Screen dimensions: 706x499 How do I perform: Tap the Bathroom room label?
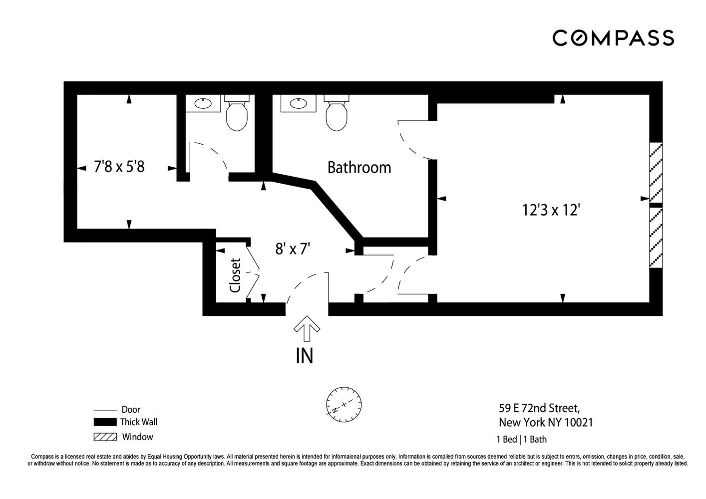point(359,167)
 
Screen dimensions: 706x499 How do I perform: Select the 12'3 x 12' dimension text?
point(551,210)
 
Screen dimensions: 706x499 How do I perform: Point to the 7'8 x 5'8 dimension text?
point(119,166)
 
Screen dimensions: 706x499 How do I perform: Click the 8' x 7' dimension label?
point(293,249)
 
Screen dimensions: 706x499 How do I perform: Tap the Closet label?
point(235,275)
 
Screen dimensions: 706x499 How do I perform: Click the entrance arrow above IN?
point(307,328)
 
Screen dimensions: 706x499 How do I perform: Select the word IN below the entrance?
point(305,356)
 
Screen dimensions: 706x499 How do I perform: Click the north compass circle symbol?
point(344,405)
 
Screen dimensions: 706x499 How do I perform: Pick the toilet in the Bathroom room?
point(337,113)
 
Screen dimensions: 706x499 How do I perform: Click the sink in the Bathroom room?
point(298,103)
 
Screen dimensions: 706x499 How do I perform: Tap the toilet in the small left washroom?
point(237,113)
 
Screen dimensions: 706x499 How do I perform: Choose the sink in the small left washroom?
point(203,103)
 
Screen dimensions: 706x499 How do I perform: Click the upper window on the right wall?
point(656,173)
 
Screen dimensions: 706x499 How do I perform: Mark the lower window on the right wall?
point(656,238)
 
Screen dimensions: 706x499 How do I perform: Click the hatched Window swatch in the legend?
point(105,437)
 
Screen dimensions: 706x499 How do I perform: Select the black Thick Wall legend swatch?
point(105,422)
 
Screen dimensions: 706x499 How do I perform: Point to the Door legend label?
point(131,409)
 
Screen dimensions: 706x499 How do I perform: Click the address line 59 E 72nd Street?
point(539,409)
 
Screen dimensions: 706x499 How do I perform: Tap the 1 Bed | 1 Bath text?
point(522,439)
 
